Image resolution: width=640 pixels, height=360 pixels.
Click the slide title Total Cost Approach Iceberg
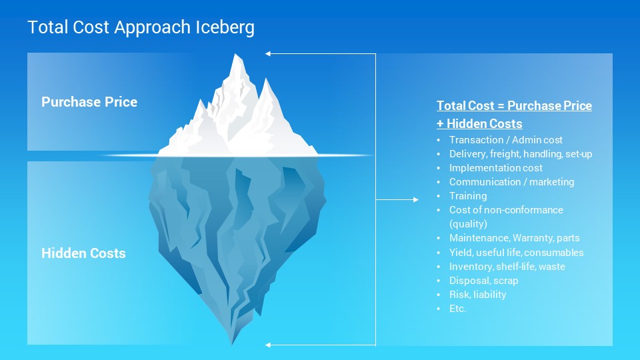[141, 27]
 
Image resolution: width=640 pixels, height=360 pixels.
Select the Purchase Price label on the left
[89, 101]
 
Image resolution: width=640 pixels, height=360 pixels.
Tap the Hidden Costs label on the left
[83, 253]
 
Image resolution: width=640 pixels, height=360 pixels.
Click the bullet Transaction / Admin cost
[506, 139]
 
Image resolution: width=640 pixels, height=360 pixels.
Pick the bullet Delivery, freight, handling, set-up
[521, 154]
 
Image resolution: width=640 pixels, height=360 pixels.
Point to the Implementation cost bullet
[496, 168]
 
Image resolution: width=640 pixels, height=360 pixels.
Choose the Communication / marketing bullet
[511, 181]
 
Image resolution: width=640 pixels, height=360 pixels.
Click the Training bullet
[468, 196]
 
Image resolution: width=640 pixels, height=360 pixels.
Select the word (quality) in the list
[468, 224]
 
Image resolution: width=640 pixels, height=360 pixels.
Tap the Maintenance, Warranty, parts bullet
[514, 238]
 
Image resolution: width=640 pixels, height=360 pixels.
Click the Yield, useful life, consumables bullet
[516, 252]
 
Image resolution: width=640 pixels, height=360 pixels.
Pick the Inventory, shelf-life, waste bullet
[507, 267]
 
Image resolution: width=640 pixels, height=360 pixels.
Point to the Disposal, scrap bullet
[484, 281]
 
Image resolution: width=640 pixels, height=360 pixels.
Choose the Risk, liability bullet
[477, 294]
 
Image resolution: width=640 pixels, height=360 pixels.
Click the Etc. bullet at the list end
[457, 309]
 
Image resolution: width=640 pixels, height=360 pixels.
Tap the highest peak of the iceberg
[236, 54]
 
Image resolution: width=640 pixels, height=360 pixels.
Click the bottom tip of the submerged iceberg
[232, 344]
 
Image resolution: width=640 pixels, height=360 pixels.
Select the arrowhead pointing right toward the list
[416, 199]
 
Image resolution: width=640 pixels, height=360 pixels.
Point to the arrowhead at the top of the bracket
[268, 53]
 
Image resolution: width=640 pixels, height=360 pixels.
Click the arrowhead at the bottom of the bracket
[268, 345]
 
